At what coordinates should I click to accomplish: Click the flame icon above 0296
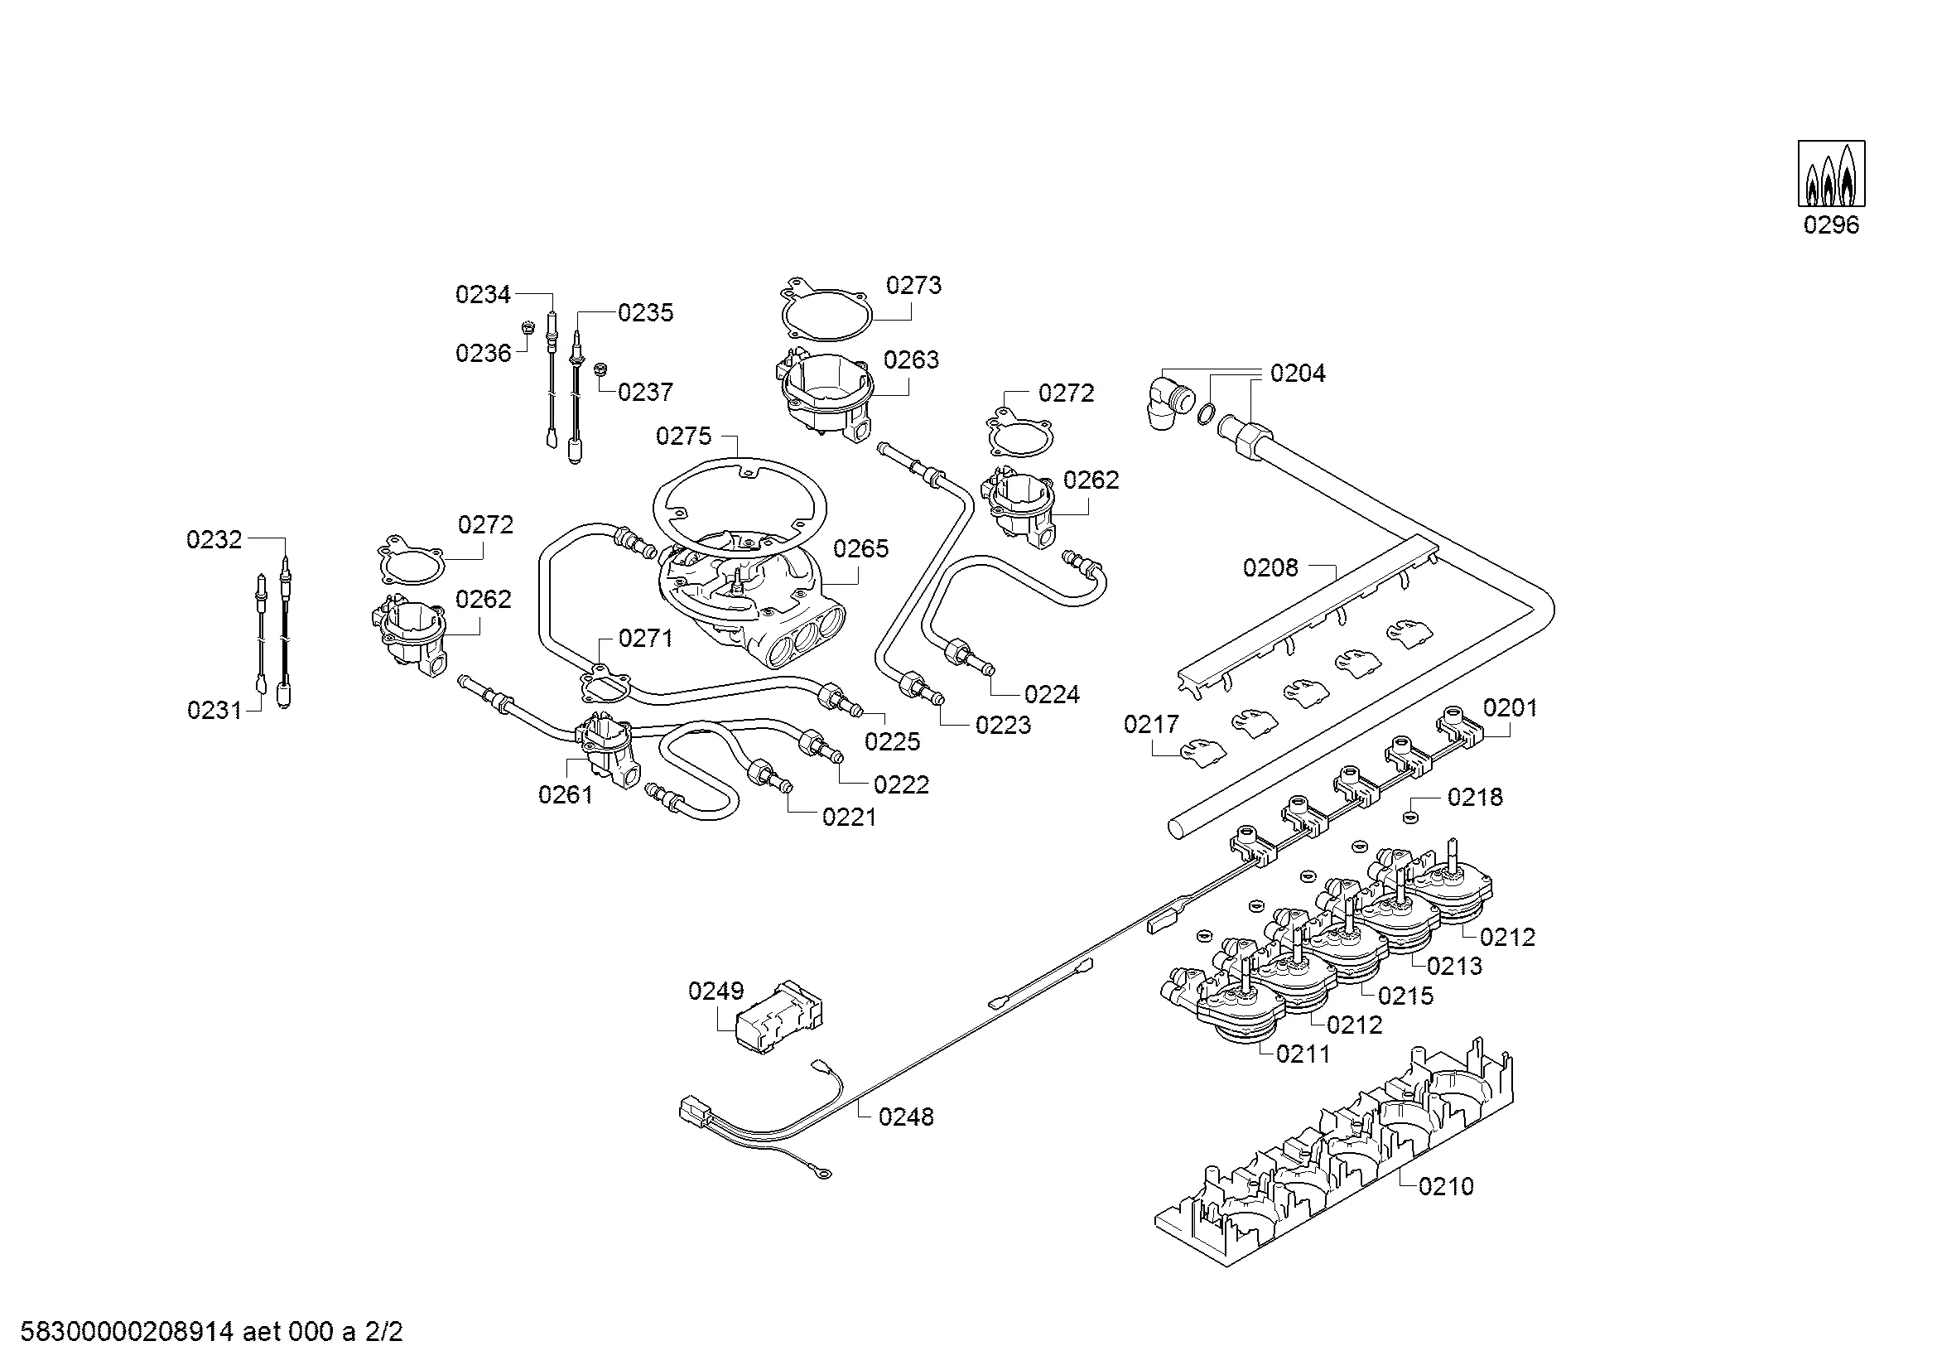coord(1831,174)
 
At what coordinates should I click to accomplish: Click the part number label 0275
coord(683,437)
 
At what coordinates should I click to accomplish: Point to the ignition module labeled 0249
coord(779,1017)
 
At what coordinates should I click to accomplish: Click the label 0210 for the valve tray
coord(1446,1186)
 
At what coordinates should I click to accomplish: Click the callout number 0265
coord(860,549)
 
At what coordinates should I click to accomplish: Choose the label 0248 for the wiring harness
coord(906,1117)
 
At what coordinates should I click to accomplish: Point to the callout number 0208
coord(1270,567)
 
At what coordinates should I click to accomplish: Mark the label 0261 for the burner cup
coord(566,794)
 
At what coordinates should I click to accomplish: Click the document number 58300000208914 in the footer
coord(126,1333)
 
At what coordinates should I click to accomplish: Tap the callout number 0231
coord(214,711)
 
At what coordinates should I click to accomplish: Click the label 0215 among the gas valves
coord(1405,996)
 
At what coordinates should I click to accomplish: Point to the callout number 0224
coord(1052,694)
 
